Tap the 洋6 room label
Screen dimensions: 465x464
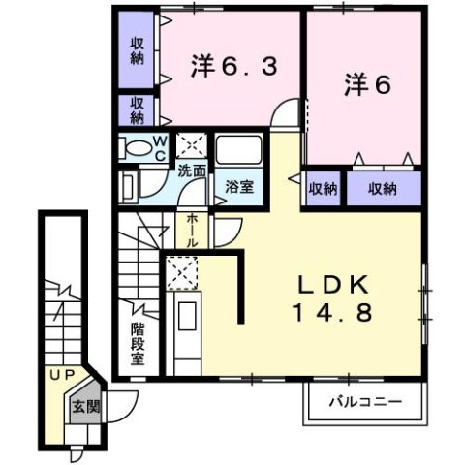click(x=365, y=85)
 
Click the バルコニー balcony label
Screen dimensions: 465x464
click(x=362, y=399)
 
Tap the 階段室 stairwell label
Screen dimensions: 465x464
click(x=139, y=344)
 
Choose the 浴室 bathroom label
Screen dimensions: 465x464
click(x=240, y=185)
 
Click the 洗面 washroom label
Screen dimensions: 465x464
click(x=191, y=170)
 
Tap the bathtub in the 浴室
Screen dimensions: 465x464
click(x=239, y=151)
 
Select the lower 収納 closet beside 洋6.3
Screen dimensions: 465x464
click(x=137, y=109)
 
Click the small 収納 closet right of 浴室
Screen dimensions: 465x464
click(x=324, y=189)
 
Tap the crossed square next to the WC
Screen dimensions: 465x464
click(x=192, y=146)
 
